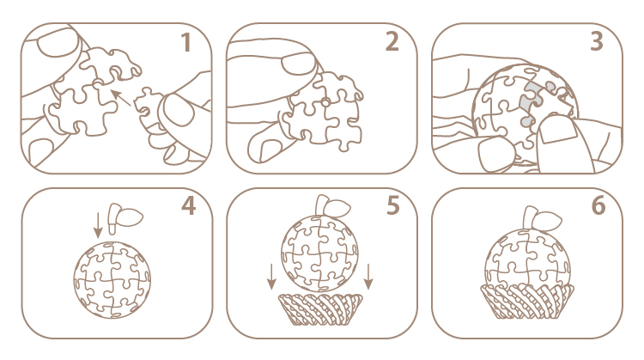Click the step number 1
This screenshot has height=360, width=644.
click(186, 43)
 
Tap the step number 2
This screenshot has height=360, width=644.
click(392, 42)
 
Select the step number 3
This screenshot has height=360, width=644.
click(597, 42)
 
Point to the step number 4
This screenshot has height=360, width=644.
click(189, 206)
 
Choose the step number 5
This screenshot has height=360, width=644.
click(393, 206)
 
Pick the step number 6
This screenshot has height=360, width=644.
click(598, 206)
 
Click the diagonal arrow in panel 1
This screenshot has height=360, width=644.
click(122, 98)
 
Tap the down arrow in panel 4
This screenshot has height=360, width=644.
click(98, 226)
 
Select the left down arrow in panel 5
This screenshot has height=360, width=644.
click(271, 277)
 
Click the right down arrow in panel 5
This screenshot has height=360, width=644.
click(368, 277)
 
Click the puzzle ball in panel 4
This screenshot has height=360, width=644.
click(112, 279)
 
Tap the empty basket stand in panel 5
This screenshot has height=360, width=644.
click(320, 309)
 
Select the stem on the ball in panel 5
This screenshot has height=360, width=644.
click(331, 206)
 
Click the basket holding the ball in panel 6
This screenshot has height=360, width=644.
click(527, 302)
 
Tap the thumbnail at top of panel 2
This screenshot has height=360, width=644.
click(299, 64)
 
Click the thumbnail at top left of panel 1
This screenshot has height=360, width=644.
click(58, 42)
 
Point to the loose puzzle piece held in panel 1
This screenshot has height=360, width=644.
click(146, 105)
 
